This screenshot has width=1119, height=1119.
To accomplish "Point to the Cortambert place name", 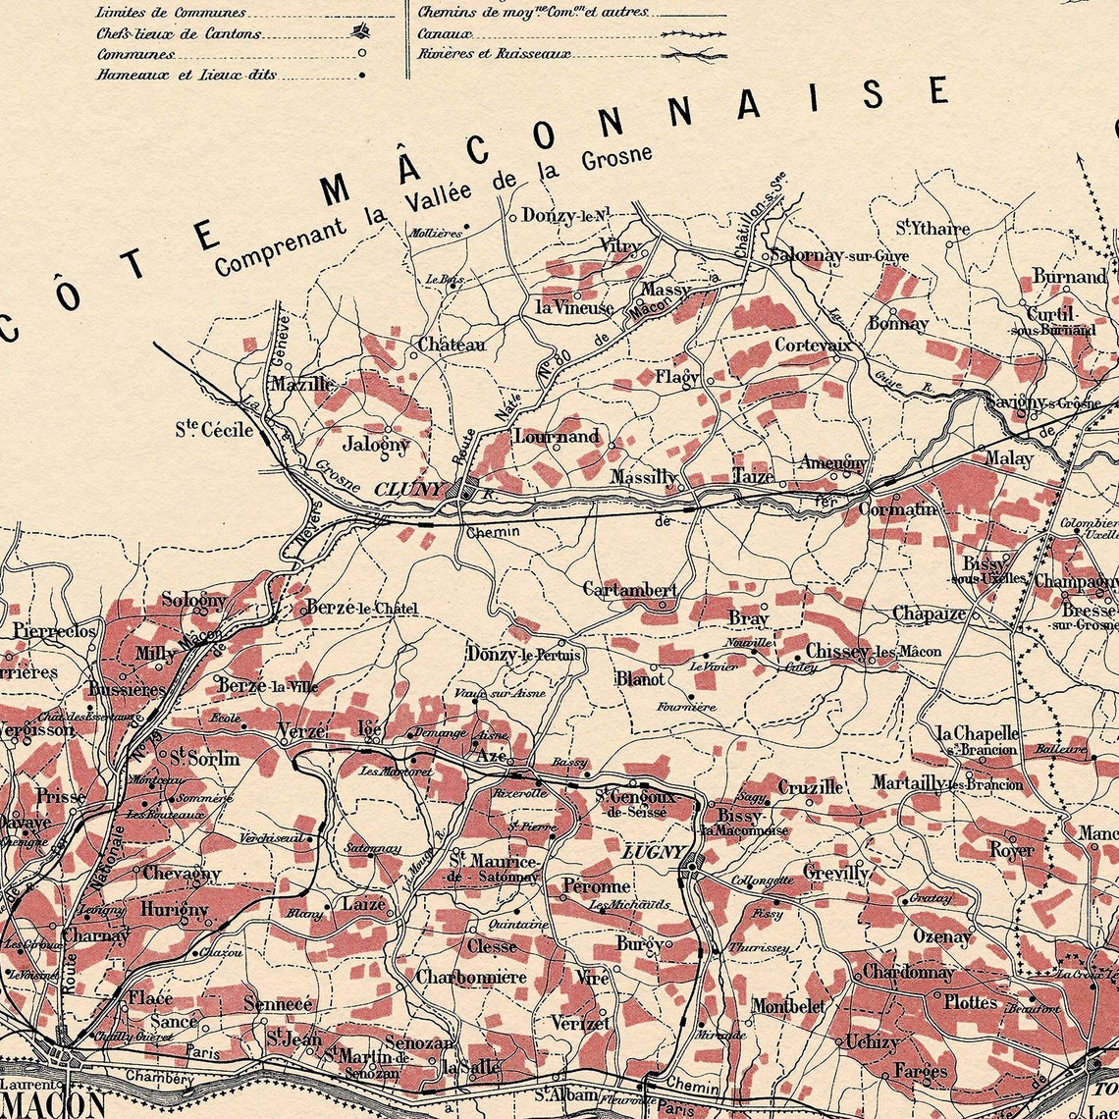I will [629, 590].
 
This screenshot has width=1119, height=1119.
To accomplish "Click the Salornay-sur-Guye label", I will [839, 256].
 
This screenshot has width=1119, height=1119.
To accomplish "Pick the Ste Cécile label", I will [214, 429].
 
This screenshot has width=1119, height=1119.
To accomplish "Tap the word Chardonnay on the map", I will [908, 972].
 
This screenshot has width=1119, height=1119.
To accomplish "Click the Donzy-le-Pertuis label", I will [524, 654].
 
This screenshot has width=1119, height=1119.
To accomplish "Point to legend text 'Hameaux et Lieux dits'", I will [186, 75].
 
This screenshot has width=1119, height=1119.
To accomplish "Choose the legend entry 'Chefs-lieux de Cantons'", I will [179, 33].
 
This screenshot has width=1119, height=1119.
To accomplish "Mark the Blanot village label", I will [640, 678].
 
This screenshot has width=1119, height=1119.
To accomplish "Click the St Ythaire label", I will [932, 229].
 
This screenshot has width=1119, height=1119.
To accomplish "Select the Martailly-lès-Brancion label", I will [947, 783].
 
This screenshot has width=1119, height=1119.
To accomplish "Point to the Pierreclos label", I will [55, 630].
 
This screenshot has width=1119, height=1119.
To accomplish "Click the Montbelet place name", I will [787, 1006].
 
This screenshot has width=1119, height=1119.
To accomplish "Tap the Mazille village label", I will [302, 384].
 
